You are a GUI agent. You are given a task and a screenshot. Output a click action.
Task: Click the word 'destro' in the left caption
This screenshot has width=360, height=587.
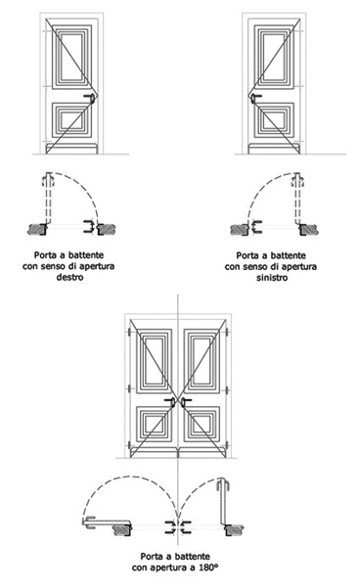(x=69, y=278)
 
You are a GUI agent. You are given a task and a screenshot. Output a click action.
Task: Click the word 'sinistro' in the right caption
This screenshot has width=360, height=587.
(x=272, y=278)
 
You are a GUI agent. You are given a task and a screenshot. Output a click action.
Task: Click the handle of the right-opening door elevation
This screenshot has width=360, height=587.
(x=90, y=98)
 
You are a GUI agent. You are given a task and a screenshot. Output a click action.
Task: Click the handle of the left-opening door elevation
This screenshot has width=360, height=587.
(x=255, y=98)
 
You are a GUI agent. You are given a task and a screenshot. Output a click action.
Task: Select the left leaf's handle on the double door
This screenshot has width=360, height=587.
(x=170, y=402)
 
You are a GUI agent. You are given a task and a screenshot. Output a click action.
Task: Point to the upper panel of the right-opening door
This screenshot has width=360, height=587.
(x=71, y=57)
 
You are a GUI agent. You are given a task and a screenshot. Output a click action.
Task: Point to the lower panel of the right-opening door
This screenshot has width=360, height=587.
(x=71, y=119)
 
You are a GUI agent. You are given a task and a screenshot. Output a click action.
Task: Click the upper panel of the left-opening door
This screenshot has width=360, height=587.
(x=274, y=57)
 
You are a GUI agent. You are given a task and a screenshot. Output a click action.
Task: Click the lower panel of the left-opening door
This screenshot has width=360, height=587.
(x=274, y=119)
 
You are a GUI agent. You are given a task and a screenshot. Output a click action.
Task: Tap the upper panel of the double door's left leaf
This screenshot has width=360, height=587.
(x=154, y=361)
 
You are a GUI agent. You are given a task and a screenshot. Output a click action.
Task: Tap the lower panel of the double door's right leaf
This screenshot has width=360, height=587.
(x=202, y=424)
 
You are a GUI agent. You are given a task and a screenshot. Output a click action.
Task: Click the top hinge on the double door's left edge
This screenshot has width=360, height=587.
(x=129, y=333)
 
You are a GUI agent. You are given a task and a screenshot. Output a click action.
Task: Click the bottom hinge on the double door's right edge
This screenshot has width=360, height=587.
(x=227, y=445)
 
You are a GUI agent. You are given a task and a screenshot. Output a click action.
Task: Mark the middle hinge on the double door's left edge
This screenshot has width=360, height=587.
(x=129, y=389)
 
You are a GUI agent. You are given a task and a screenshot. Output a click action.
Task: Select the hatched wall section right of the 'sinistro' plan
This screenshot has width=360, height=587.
(x=309, y=229)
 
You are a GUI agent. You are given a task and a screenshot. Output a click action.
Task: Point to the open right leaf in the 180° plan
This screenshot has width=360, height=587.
(x=223, y=504)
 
